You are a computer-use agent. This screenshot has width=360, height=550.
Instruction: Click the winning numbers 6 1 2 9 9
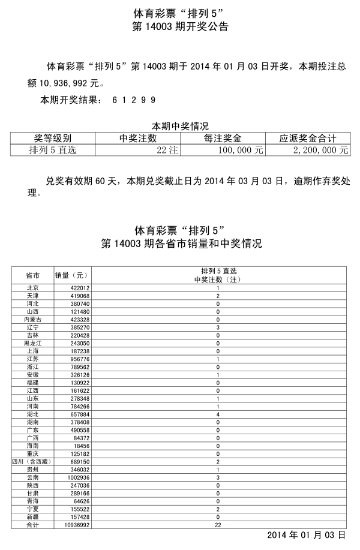coord(134,100)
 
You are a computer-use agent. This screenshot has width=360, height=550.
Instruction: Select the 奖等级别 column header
coord(53,138)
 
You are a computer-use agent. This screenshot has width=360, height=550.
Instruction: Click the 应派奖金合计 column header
coord(308,138)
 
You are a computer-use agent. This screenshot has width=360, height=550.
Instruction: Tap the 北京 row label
coord(33,288)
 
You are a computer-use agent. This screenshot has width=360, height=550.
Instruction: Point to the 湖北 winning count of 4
coord(218,414)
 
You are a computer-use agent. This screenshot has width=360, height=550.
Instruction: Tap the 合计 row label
coord(33,525)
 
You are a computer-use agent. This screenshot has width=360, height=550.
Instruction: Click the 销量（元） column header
coord(71,275)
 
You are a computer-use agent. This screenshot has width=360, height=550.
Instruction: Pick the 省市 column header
coord(33,275)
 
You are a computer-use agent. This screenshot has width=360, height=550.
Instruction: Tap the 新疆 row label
coord(33,516)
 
